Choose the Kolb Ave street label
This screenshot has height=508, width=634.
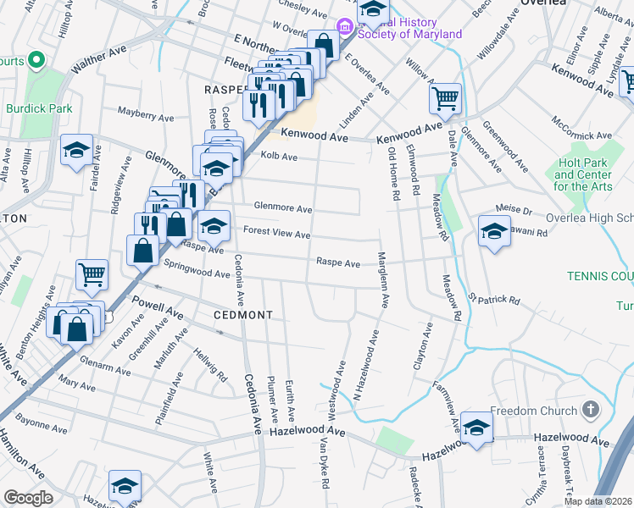click(x=279, y=157)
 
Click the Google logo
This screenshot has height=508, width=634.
click(x=28, y=497)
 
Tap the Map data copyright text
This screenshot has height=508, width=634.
click(x=599, y=501)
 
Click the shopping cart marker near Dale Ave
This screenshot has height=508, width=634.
click(x=445, y=97)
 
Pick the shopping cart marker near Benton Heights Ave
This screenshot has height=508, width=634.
click(x=92, y=273)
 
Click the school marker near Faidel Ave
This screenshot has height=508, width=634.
click(x=77, y=151)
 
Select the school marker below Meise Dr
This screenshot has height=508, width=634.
click(x=494, y=229)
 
